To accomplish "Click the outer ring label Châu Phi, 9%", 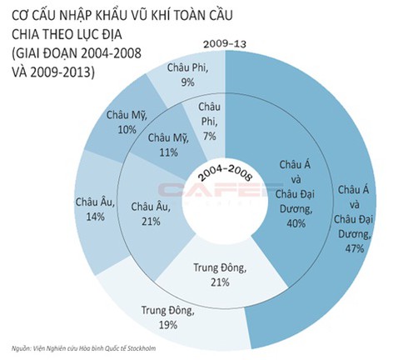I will [187, 74].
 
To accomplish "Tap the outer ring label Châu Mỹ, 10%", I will [128, 122].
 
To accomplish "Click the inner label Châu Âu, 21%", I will [152, 212].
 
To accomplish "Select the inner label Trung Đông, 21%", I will [220, 276].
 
